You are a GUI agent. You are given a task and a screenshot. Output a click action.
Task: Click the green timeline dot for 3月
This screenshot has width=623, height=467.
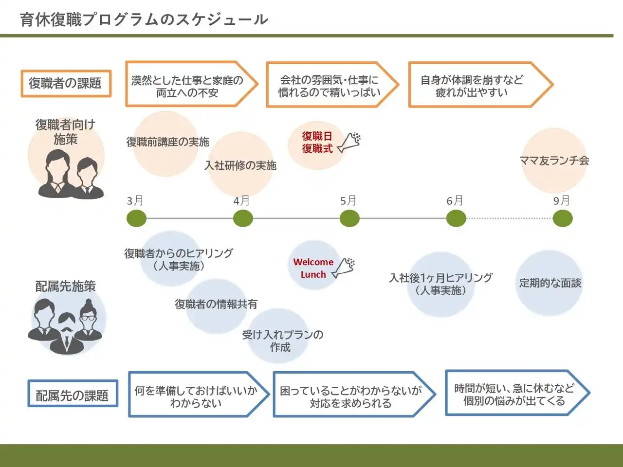[x=136, y=219]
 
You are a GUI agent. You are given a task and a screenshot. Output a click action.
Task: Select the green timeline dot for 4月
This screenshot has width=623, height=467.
[x=243, y=219]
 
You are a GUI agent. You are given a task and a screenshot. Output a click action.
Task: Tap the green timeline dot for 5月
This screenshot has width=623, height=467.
[x=349, y=219]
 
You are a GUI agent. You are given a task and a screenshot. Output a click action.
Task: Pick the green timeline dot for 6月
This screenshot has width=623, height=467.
[x=456, y=219]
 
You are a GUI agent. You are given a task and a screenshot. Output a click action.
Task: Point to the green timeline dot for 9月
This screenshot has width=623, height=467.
[x=563, y=219]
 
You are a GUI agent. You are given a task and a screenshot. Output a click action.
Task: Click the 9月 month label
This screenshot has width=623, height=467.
[x=561, y=200]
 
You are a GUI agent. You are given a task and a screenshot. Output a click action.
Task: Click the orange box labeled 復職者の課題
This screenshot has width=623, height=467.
[x=66, y=84]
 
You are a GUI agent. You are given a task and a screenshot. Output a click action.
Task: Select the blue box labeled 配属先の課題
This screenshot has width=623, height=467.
[x=73, y=395]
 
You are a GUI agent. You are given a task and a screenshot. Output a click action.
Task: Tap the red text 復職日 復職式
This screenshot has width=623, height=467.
[x=317, y=143]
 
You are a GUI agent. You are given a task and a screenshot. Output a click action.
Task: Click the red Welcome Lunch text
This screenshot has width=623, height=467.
[x=313, y=268]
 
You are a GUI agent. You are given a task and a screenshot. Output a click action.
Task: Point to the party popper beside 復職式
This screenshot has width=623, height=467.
[x=350, y=142]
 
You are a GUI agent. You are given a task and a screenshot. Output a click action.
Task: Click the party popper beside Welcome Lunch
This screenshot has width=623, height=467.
[x=344, y=267]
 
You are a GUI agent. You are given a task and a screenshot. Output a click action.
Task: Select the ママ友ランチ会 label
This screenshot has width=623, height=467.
[x=554, y=161]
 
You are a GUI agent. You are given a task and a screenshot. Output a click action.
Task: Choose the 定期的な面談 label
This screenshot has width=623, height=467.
[x=550, y=283]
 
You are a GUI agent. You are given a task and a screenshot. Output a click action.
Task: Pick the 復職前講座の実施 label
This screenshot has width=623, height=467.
[x=167, y=142]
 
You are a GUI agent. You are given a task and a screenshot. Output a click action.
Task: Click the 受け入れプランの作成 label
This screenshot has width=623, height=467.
[x=282, y=341]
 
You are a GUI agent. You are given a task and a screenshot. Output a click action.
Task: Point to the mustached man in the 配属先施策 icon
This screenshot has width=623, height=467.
[x=66, y=331]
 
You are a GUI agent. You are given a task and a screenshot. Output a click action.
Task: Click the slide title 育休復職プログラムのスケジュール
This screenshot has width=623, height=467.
[x=144, y=19]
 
